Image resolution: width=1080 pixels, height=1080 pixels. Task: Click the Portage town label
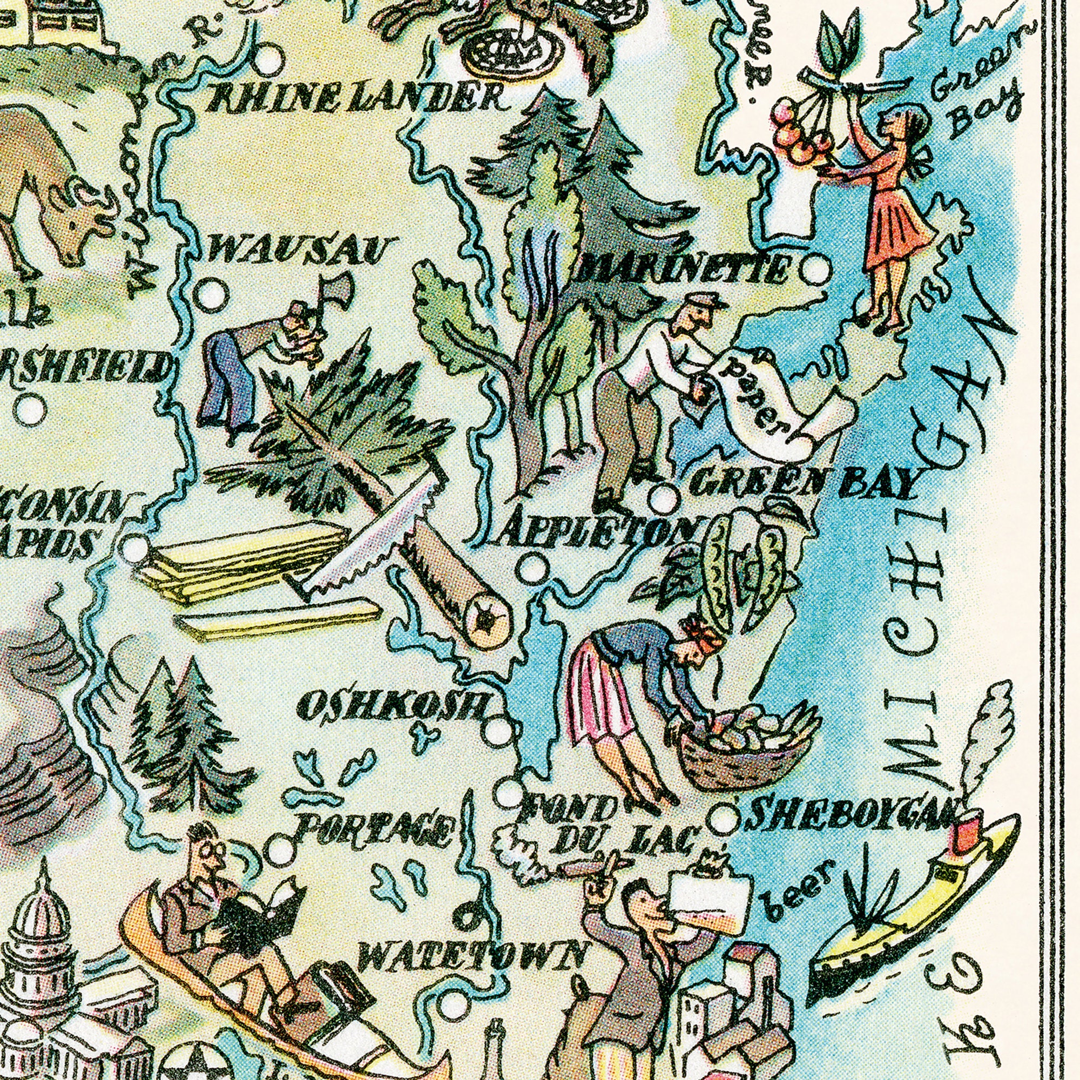(375, 831)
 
